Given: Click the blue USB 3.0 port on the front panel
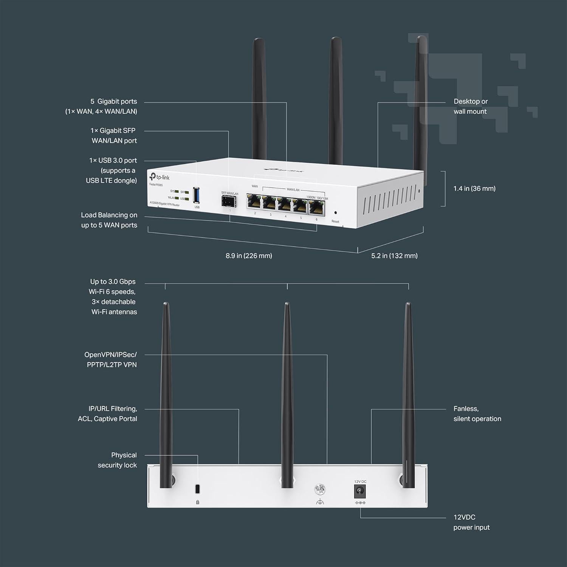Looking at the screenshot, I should (x=197, y=195).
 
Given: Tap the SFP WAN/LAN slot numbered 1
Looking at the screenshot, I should (x=229, y=201).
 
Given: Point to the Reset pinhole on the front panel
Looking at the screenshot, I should (x=335, y=213).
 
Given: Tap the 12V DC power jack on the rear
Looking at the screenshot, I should (x=359, y=492).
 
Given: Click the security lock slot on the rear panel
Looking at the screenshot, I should (x=197, y=489).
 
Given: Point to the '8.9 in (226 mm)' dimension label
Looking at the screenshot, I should (x=249, y=256).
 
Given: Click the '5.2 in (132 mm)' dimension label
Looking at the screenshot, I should (x=394, y=256).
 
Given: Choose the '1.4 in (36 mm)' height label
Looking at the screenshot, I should (x=474, y=189).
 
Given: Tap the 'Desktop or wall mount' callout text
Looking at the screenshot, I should (x=471, y=106).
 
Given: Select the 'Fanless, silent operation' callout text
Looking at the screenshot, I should (x=477, y=414).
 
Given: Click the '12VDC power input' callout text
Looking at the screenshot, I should (x=471, y=522).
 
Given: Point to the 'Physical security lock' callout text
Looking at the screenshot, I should (x=117, y=460).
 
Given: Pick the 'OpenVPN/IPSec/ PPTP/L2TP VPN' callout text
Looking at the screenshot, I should (x=110, y=359).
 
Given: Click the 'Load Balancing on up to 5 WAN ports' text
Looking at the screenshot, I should (x=109, y=220).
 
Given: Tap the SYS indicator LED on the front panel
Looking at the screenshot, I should (x=177, y=192).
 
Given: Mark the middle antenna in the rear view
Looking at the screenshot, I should (x=287, y=393).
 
